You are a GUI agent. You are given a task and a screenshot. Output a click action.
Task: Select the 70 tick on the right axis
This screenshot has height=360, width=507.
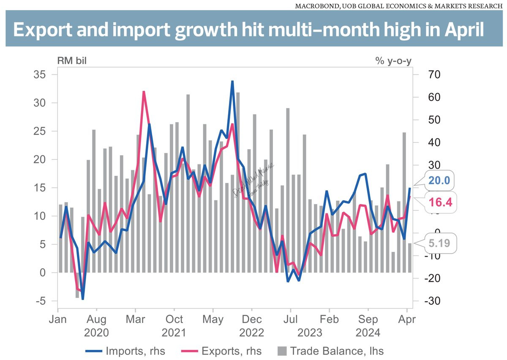coord(422,75)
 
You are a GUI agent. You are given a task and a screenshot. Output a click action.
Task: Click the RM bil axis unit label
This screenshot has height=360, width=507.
coord(72,61)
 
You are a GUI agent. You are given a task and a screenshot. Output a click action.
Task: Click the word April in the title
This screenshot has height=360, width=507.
coord(461,30)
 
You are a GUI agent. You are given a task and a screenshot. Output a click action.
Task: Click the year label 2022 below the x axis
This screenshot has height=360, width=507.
coord(251,333)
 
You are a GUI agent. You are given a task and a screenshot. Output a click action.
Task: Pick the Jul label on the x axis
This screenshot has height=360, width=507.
coord(290,319)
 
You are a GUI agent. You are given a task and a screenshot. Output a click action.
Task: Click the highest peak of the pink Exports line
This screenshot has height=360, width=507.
coord(144,92)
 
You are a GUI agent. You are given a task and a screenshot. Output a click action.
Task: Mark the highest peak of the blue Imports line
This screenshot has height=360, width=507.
coord(232,81)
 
